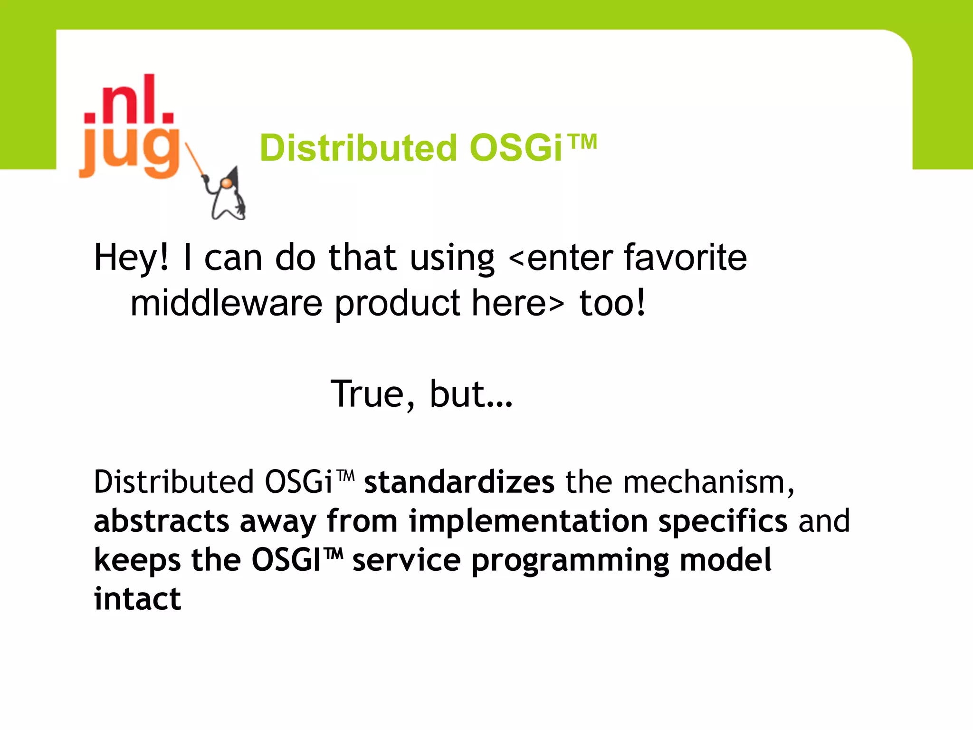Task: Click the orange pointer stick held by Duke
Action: coord(195,159)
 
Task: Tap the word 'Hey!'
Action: coord(131,258)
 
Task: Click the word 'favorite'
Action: coord(685,258)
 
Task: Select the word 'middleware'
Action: coord(226,303)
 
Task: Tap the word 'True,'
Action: coord(373,394)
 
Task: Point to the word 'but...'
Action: coord(471,394)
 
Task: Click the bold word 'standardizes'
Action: coord(459,482)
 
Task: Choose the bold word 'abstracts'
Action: coord(162,521)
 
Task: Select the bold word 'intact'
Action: coord(137,599)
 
